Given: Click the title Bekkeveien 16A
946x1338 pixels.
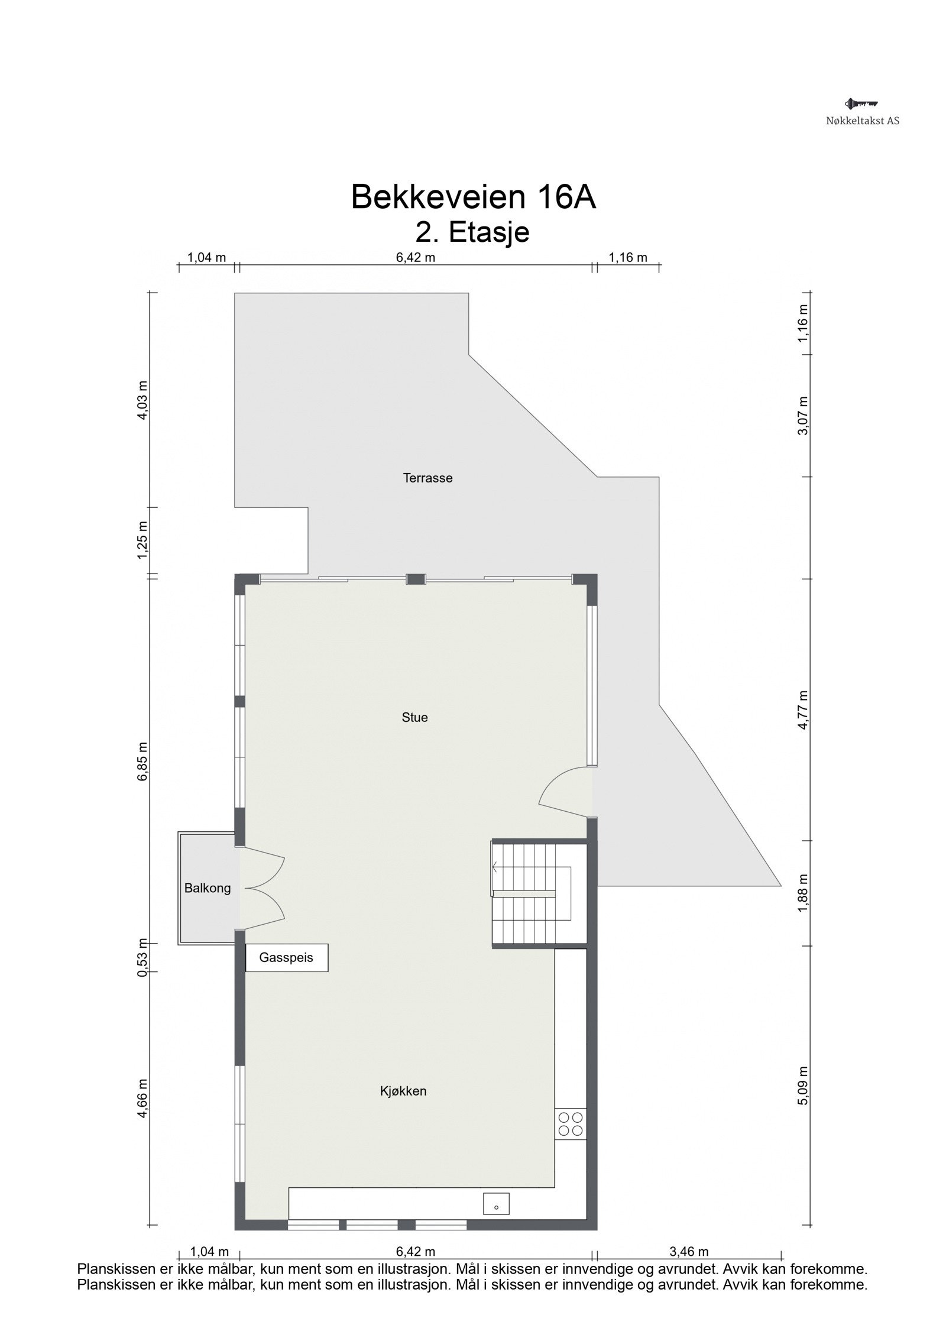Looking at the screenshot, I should point(473,197).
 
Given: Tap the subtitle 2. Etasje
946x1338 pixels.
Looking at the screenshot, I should point(472,232).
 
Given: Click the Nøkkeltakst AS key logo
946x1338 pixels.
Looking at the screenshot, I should point(861,105).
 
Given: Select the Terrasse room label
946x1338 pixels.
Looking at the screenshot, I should point(427,478).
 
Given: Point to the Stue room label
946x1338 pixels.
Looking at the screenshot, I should point(414,718).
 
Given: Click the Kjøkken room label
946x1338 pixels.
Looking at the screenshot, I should point(403,1091).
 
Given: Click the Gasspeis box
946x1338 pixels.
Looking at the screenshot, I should point(286,958).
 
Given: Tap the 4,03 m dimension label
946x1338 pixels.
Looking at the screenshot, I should point(142,400).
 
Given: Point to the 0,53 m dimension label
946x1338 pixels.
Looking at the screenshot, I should point(142,966).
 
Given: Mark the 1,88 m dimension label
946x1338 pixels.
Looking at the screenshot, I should point(802,893).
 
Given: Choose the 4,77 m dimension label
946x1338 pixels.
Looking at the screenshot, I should point(802,710).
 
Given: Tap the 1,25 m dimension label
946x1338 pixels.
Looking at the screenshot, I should point(142,540).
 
